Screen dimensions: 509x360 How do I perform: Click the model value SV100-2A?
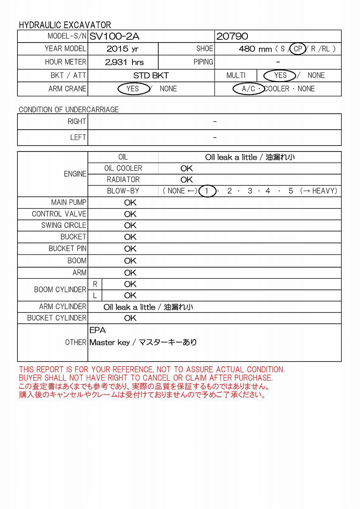pyautogui.click(x=114, y=37)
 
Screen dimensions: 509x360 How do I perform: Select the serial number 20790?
pyautogui.click(x=232, y=37)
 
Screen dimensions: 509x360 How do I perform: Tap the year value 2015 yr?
pyautogui.click(x=123, y=49)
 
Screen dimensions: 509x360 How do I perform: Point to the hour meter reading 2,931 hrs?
pyautogui.click(x=124, y=62)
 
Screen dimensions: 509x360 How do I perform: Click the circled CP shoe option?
pyautogui.click(x=298, y=49)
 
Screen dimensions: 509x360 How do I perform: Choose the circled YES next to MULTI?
pyautogui.click(x=280, y=76)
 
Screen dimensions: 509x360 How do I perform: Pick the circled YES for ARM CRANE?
pyautogui.click(x=132, y=89)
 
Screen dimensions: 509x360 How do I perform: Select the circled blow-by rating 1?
pyautogui.click(x=206, y=191)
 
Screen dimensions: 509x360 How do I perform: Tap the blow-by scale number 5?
pyautogui.click(x=291, y=191)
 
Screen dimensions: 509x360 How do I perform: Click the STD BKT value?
pyautogui.click(x=151, y=76)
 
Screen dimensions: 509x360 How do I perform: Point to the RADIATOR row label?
pyautogui.click(x=123, y=180)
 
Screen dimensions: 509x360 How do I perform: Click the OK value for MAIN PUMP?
pyautogui.click(x=130, y=203)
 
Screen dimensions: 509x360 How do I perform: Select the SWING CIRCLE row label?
pyautogui.click(x=64, y=225)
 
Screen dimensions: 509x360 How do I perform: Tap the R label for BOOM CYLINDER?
pyautogui.click(x=95, y=284)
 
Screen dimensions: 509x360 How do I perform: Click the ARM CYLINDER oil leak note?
pyautogui.click(x=148, y=307)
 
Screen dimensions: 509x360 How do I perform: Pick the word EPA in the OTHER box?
pyautogui.click(x=97, y=330)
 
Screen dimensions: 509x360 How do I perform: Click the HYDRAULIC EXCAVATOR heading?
pyautogui.click(x=65, y=25)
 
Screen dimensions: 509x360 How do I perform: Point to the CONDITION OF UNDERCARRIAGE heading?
pyautogui.click(x=69, y=110)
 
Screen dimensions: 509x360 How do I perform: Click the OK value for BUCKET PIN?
pyautogui.click(x=130, y=249)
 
